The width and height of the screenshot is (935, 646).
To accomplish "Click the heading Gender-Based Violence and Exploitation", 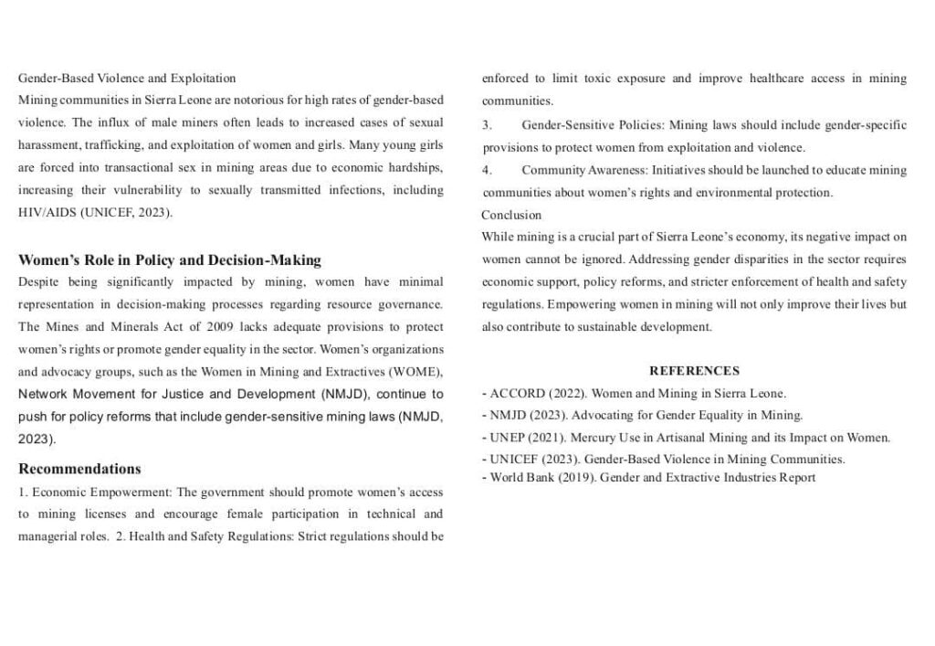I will point(127,78).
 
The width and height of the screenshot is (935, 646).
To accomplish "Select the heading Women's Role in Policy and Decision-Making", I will point(170,260).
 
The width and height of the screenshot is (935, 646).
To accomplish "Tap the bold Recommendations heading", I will point(79,469).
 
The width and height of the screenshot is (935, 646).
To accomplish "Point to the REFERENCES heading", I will point(694,371).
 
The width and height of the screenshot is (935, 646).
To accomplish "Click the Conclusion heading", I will point(511,215).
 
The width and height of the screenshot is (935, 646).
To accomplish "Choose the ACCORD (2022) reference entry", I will point(634,394).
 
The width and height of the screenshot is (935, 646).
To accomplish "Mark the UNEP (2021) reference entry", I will point(685,438).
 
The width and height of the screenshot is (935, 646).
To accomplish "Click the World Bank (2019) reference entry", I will point(648,478).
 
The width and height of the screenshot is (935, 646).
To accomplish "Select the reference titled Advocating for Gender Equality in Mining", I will point(687,416).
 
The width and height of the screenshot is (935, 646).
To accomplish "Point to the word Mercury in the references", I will point(592,438).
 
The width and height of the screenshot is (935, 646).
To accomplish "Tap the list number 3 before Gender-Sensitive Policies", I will point(487,124).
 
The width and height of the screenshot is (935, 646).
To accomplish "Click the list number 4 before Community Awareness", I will point(487,170).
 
